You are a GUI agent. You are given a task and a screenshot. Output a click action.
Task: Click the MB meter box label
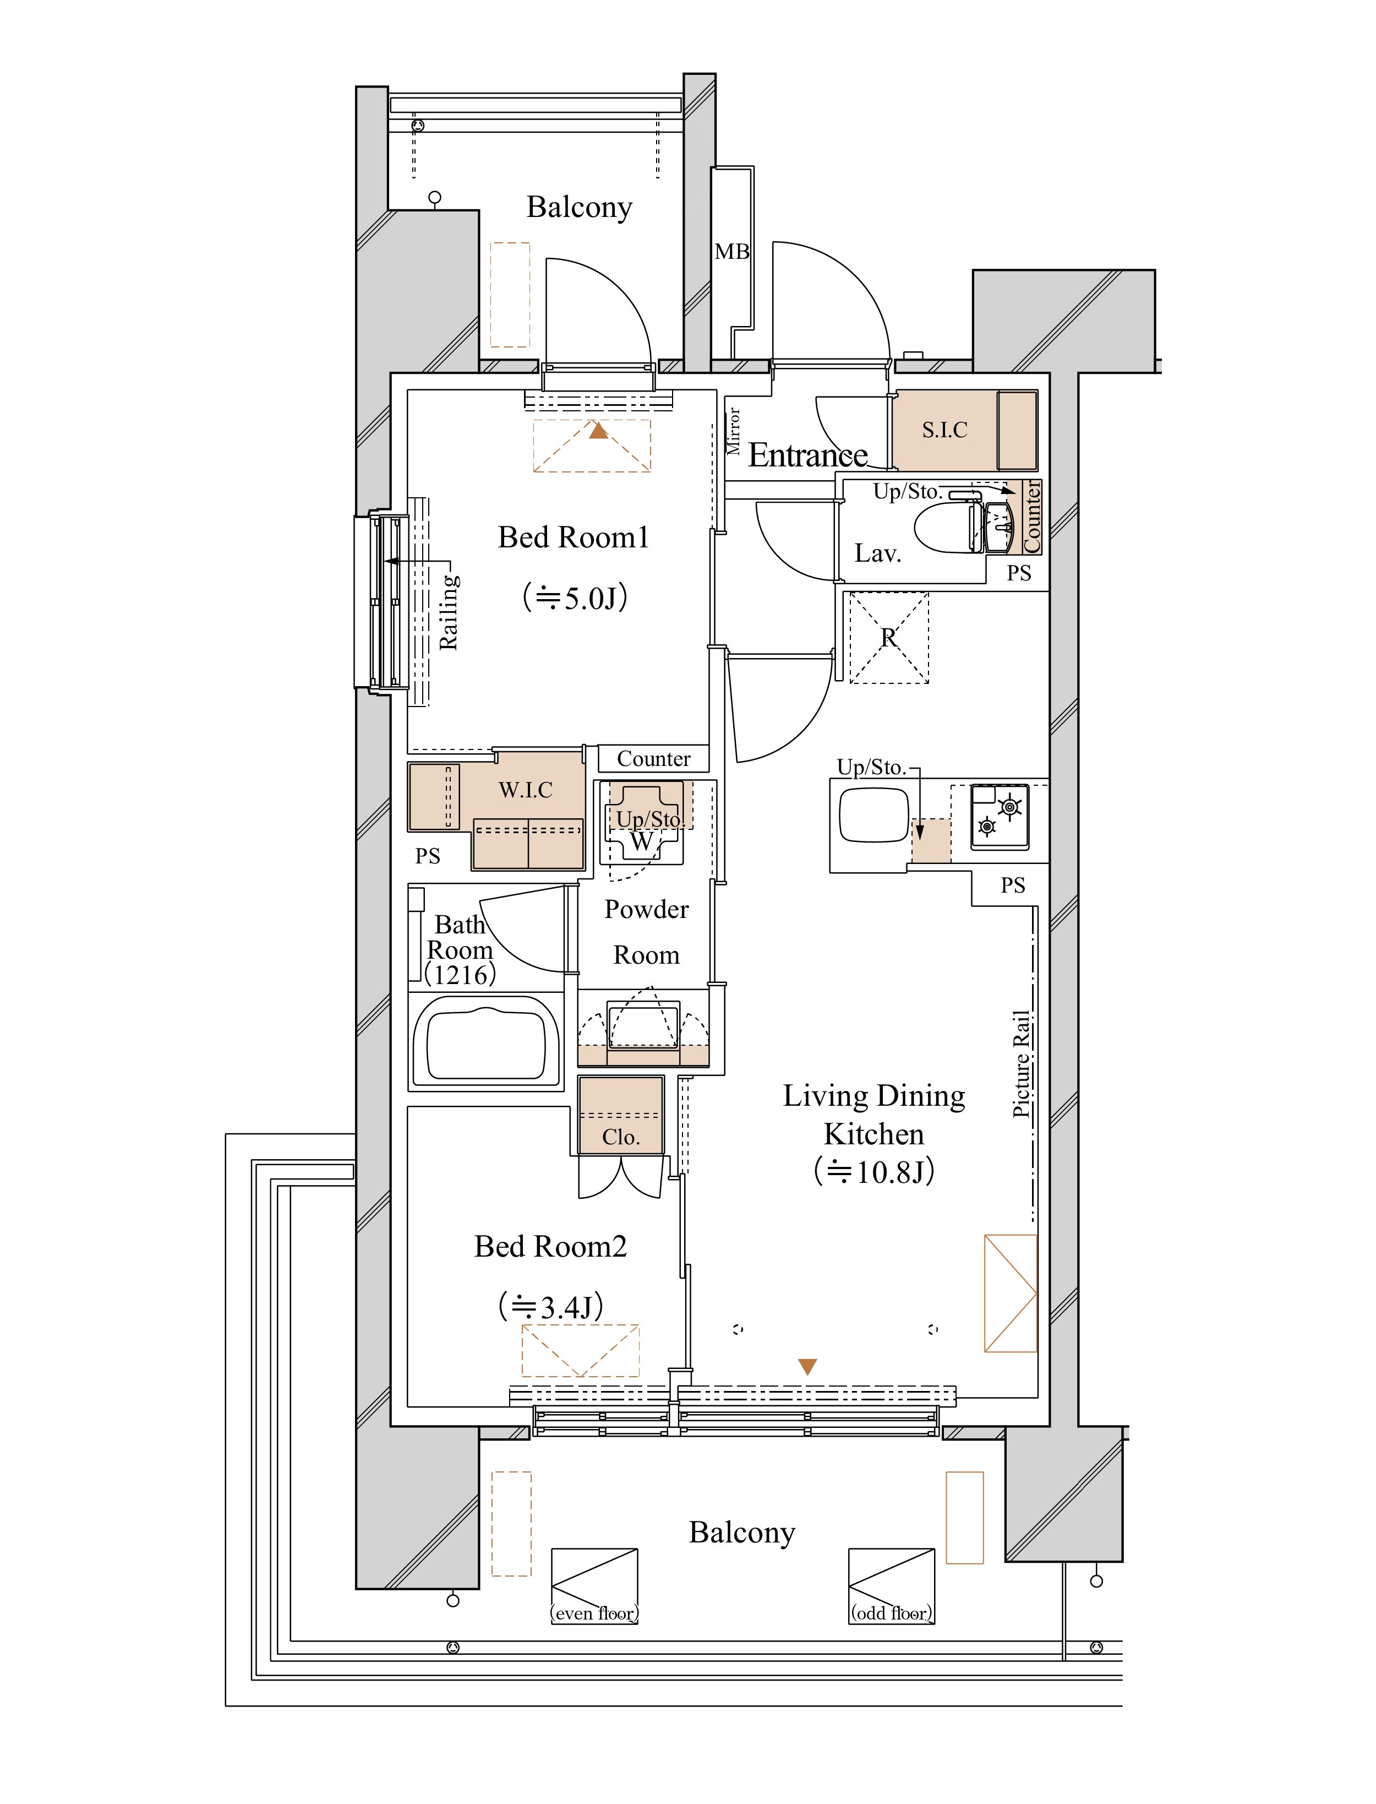coord(731,252)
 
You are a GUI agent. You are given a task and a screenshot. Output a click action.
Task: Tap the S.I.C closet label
coord(944,430)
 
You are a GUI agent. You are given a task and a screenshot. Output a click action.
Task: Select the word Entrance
coord(807,455)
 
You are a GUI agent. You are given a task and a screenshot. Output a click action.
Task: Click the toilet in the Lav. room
coord(946,528)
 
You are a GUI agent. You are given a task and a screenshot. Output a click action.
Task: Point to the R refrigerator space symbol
coord(889,637)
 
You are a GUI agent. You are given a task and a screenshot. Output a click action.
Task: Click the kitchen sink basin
coord(873,814)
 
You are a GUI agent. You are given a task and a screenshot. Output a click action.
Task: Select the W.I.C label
coord(525,790)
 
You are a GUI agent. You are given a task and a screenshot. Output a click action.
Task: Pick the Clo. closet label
coord(620,1137)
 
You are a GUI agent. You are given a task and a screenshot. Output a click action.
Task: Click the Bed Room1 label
coord(574,537)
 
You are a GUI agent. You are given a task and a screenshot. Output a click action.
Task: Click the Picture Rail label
coord(1022,1063)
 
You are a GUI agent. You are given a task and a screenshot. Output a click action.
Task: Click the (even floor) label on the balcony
coord(594,1613)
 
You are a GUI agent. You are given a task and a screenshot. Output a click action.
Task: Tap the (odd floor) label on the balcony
coord(891,1613)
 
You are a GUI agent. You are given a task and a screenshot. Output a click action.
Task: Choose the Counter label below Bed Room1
coord(653,759)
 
